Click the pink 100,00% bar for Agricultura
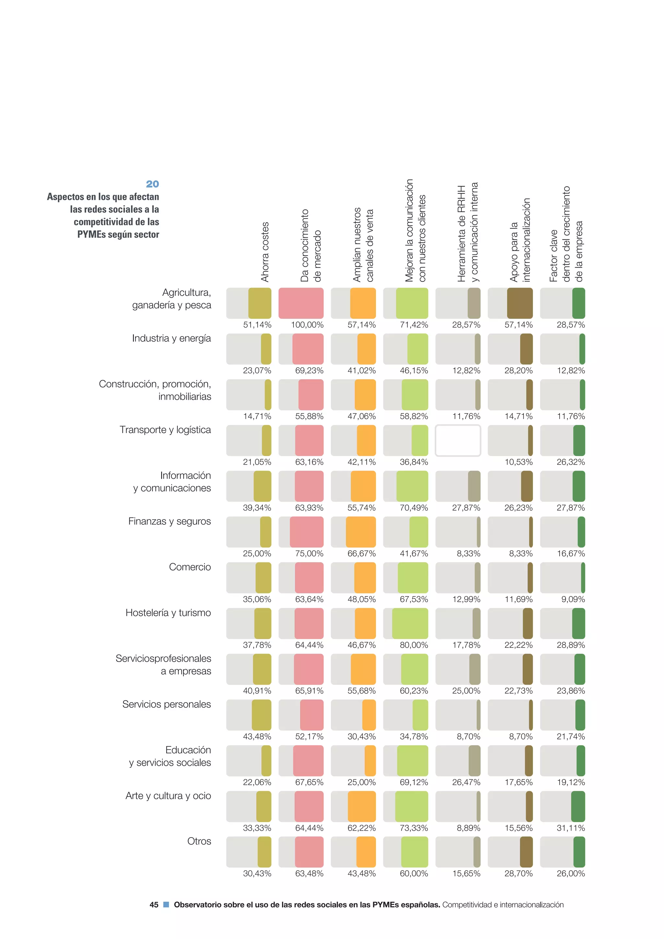(301, 303)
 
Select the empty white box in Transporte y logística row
(457, 440)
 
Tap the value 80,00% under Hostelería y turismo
(414, 645)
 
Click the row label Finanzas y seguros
(169, 522)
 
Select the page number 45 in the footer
(154, 905)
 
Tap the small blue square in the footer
(166, 905)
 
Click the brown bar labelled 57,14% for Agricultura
(520, 303)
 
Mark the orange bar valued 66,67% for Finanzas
(361, 532)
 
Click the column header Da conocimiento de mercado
(311, 246)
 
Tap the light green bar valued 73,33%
(411, 806)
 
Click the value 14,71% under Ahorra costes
(257, 416)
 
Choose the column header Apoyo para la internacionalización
(520, 240)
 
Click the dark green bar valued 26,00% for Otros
(579, 852)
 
